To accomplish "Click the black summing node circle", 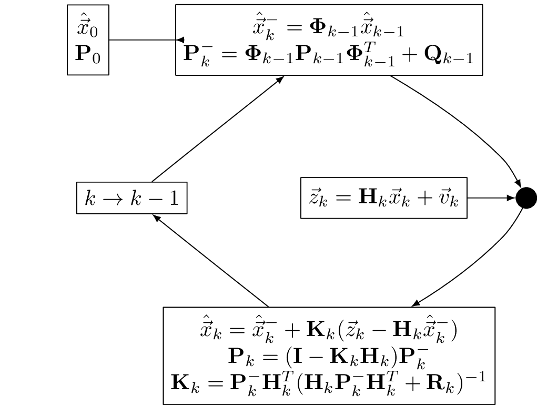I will pos(526,198).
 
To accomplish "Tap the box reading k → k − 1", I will pos(131,199).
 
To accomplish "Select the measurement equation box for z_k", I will pos(383,198).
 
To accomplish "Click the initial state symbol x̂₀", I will pos(87,26).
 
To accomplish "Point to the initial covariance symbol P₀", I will pos(87,54).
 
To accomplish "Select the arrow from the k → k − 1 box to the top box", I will pos(218,129).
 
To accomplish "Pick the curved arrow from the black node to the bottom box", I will pos(473,266).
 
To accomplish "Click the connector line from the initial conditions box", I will pos(142,40).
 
